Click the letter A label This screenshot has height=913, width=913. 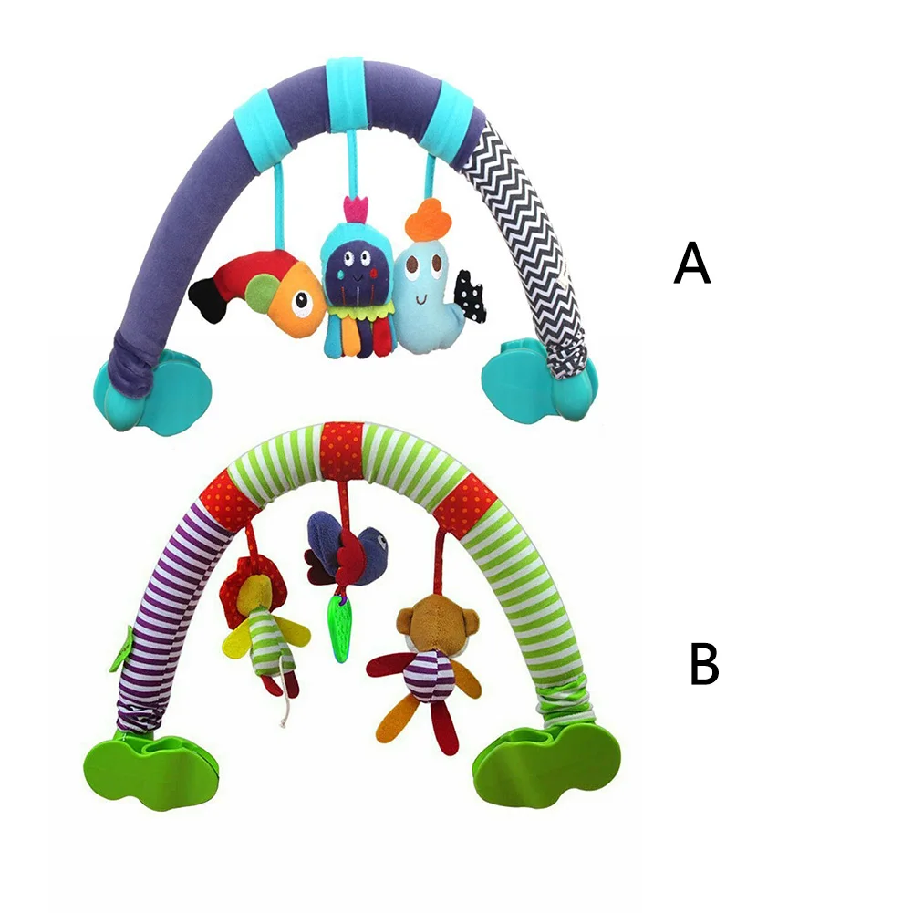692,264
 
